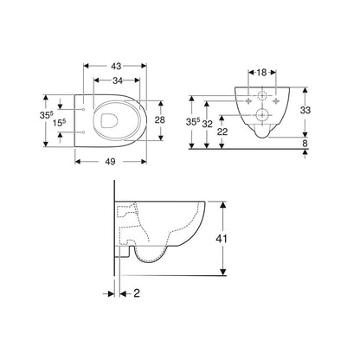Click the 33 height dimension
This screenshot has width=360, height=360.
click(318, 112)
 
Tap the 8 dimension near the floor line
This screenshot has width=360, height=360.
click(318, 145)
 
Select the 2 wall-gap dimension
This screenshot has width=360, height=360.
click(138, 293)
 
